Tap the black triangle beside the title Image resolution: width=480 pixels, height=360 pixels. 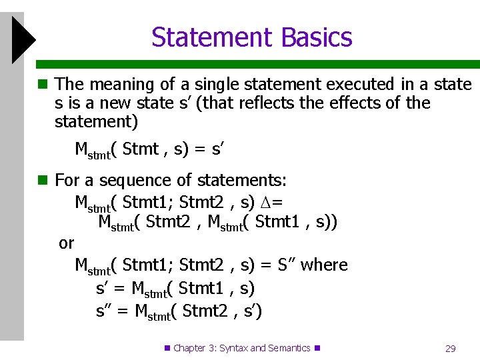[23, 40]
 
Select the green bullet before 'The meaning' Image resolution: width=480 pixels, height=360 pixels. [43, 85]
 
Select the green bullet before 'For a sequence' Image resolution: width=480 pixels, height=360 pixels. [43, 181]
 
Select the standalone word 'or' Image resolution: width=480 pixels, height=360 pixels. [66, 243]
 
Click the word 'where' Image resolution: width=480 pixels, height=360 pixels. [325, 265]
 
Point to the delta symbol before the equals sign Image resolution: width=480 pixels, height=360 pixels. [263, 202]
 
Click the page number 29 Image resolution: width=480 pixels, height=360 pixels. [450, 349]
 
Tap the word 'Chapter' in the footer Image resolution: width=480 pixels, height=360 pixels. [189, 348]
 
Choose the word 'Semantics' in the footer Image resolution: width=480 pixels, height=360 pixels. [289, 348]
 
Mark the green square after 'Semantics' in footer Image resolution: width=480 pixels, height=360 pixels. [317, 348]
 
